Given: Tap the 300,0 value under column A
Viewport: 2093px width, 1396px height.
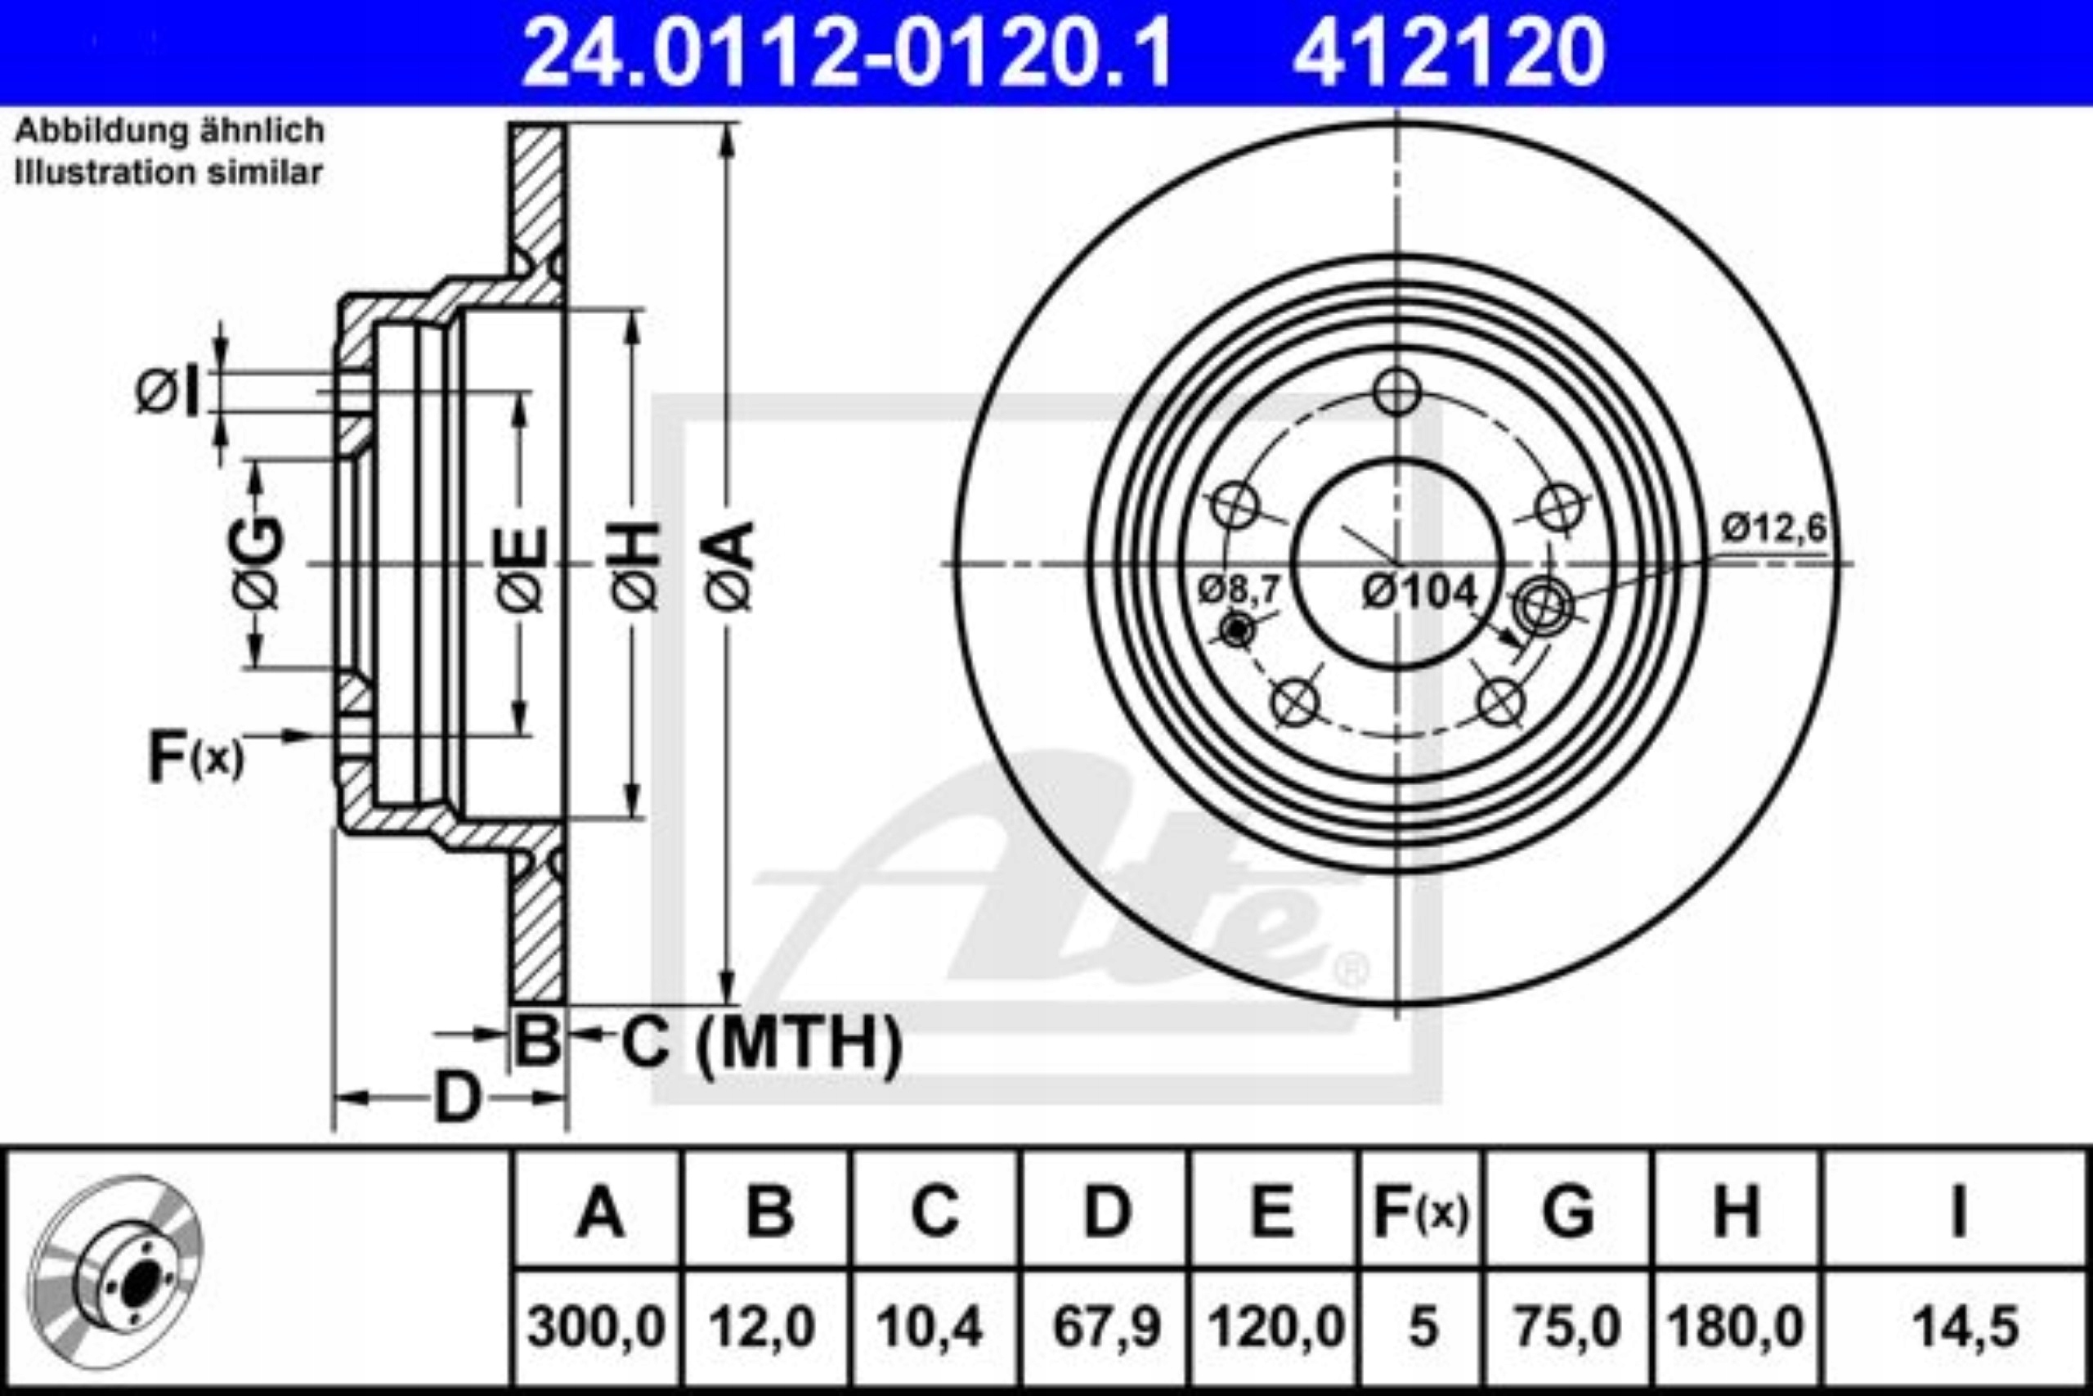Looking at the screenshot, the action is point(596,1327).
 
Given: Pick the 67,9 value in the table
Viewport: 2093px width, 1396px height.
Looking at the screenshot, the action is point(1107,1327).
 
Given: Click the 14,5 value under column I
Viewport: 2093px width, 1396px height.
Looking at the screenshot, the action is point(1958,1327).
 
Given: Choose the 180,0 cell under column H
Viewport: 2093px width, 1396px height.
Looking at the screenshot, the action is point(1735,1327).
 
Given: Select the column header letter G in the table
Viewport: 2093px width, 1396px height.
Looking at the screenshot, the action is point(1568,1211).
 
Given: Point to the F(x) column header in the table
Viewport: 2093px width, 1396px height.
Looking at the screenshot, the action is point(1421,1212).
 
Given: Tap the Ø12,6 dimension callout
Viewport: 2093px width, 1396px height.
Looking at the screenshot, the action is point(1773,529).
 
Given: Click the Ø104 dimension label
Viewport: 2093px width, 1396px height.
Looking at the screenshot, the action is point(1419,591).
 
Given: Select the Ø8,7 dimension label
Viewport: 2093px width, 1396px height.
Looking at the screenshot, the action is point(1239,589).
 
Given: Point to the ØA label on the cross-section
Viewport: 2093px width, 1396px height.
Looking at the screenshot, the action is point(732,566).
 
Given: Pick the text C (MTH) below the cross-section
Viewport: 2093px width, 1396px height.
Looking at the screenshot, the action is point(762,1044).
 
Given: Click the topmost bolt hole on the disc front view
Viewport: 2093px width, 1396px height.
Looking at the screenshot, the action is point(1396,393).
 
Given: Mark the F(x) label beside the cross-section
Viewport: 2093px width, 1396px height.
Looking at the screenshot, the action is point(195,756).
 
